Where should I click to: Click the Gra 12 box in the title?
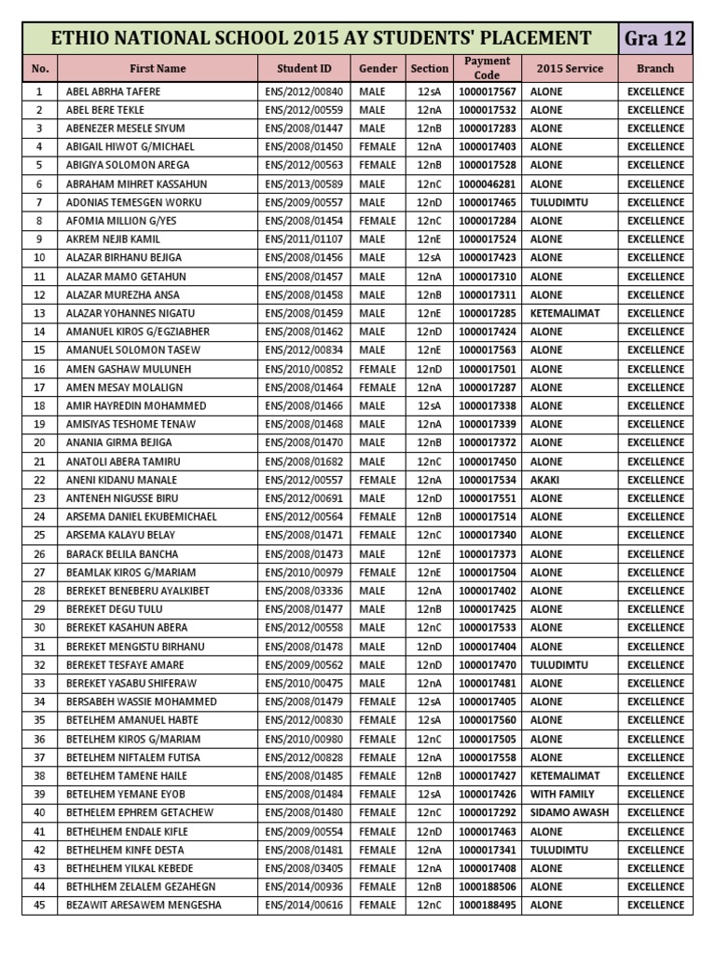click(656, 38)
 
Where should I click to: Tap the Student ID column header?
click(304, 68)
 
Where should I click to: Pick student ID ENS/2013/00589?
click(304, 184)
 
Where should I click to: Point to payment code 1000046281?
click(487, 184)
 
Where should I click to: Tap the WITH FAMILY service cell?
click(563, 794)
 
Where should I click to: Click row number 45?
click(39, 905)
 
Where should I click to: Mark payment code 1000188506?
click(487, 886)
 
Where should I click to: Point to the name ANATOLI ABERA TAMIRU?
click(123, 461)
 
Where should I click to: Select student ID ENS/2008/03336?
click(304, 591)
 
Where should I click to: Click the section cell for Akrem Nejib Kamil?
click(429, 239)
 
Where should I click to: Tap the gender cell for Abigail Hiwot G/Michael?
click(377, 147)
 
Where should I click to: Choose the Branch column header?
click(655, 68)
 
